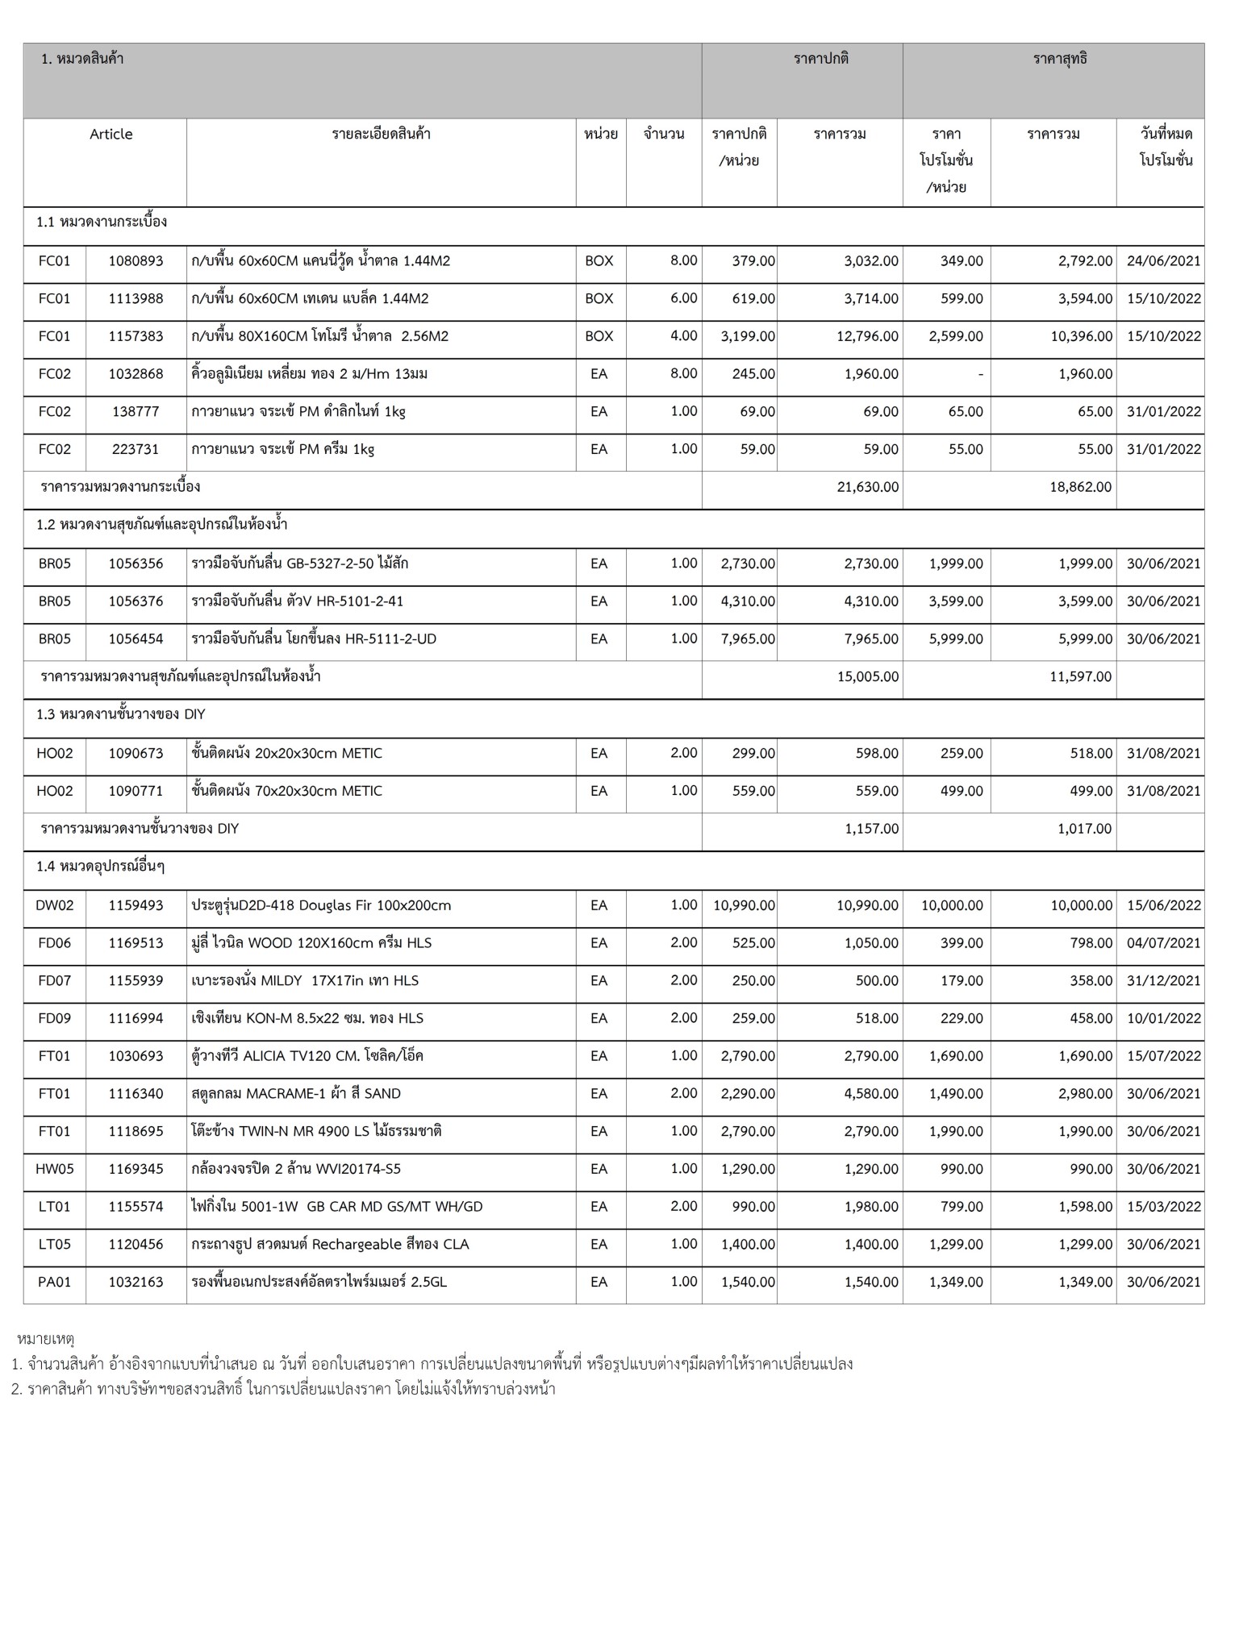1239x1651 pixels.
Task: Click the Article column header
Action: (111, 134)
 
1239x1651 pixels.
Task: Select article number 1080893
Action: (136, 261)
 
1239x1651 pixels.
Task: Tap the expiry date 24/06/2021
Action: (1163, 261)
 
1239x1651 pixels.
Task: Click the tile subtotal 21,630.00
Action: (868, 487)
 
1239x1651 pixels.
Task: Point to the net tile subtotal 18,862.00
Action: (1080, 487)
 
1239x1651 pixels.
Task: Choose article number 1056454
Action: (136, 639)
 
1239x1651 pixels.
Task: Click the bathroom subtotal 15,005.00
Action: (868, 677)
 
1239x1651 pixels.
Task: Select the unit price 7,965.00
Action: (748, 639)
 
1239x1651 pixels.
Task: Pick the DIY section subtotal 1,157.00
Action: (871, 829)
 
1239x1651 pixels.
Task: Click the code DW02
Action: (54, 905)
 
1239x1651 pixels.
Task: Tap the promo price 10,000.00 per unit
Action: (952, 905)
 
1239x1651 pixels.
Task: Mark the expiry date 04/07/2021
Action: (1163, 943)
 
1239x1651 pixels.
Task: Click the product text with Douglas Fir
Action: (321, 905)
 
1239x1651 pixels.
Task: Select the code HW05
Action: (54, 1169)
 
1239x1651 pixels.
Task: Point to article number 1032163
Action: (136, 1282)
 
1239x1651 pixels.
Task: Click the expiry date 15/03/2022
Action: (1163, 1207)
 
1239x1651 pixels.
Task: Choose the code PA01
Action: (54, 1282)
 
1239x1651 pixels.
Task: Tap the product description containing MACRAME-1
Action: (296, 1094)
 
